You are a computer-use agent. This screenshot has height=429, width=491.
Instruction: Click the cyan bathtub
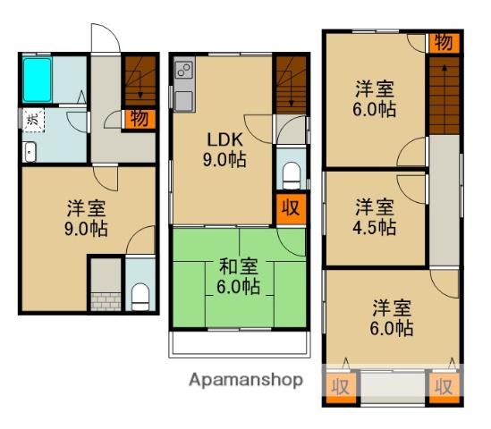[38, 80]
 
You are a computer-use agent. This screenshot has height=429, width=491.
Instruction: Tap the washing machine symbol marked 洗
[33, 120]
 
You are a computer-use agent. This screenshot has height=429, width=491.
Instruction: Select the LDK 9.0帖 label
[224, 149]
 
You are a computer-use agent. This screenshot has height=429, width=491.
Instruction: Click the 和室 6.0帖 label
[239, 276]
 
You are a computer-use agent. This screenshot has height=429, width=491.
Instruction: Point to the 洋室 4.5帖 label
[375, 216]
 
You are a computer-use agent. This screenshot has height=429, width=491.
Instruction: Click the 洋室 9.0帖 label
[87, 218]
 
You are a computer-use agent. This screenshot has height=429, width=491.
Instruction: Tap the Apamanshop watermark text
[246, 380]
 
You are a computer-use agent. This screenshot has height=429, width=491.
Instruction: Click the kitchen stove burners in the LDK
[184, 70]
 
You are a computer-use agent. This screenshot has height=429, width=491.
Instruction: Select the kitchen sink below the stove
[184, 101]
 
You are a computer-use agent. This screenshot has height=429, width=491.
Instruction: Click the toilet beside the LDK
[292, 175]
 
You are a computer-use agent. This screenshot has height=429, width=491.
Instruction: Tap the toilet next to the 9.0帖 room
[140, 297]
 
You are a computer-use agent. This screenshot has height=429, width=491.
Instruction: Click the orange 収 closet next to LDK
[291, 209]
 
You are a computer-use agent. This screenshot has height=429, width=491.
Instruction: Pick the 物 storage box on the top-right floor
[444, 43]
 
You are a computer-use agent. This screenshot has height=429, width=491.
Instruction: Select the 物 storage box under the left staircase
[140, 119]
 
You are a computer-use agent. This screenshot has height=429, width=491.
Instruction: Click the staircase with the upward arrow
[444, 96]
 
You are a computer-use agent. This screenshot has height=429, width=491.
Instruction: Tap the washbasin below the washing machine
[30, 152]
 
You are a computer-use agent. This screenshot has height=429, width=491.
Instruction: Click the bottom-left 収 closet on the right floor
[341, 387]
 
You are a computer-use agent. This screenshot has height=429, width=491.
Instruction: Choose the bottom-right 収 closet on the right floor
[444, 387]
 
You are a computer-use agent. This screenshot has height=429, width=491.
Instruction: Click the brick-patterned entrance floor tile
[106, 302]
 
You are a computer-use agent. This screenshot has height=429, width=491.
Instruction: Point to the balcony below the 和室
[240, 344]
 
